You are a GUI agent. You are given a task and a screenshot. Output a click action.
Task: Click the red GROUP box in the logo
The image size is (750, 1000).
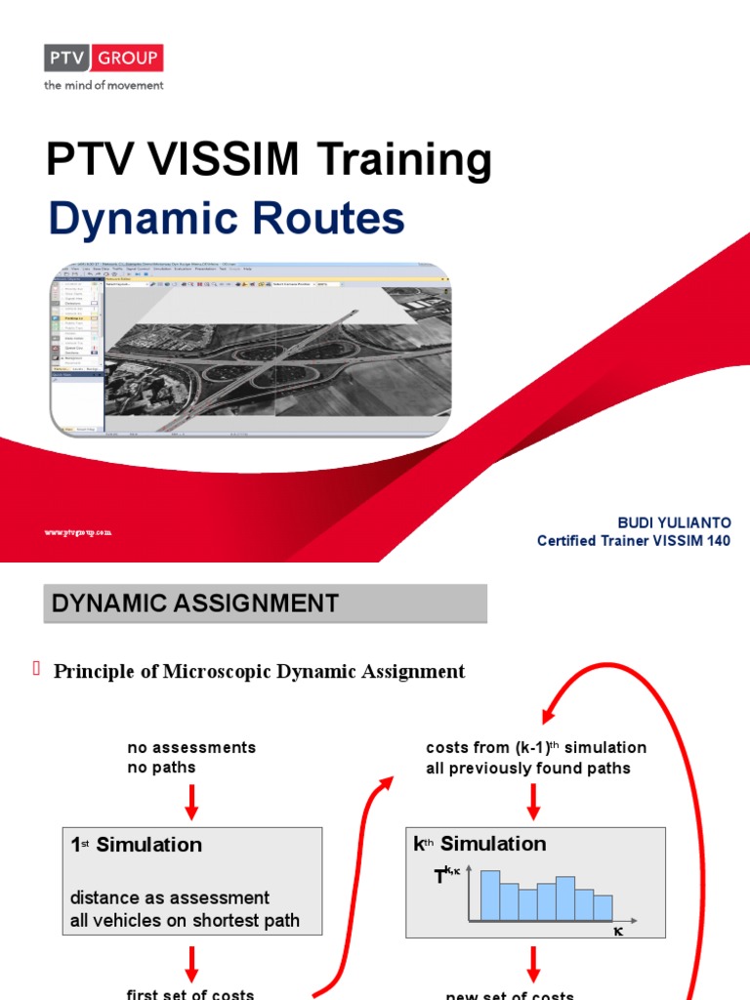click(127, 59)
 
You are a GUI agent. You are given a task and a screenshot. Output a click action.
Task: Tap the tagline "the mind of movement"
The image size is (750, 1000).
click(103, 85)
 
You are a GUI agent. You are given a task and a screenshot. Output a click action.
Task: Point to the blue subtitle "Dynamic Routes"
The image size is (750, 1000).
click(226, 219)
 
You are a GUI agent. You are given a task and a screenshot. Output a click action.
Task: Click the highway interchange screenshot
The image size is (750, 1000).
click(250, 348)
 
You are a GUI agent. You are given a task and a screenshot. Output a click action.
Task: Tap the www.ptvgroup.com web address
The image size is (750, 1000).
click(78, 532)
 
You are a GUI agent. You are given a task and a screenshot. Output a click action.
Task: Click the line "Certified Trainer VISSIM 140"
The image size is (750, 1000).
click(633, 541)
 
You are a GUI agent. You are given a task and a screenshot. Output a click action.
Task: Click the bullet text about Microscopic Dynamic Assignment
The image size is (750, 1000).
click(259, 671)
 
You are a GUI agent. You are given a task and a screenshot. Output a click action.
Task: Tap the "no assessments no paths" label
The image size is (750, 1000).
click(191, 757)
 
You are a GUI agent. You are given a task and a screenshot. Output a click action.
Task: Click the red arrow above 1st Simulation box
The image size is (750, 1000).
click(191, 802)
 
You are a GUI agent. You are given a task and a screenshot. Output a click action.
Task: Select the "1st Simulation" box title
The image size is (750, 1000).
click(137, 845)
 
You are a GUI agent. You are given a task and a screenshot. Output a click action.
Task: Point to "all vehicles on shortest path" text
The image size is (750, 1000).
click(185, 920)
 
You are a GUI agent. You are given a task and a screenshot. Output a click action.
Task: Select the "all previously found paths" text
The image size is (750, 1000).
click(527, 768)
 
